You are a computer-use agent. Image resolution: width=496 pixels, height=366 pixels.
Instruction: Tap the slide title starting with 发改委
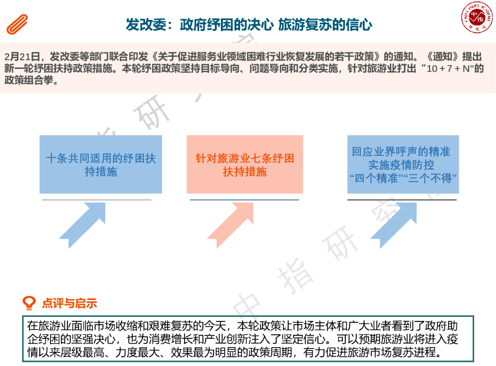point(248,25)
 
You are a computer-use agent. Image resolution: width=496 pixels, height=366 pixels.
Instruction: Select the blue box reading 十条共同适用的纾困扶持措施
point(101,165)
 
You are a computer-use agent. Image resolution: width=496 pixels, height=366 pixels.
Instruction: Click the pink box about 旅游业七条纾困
point(245,165)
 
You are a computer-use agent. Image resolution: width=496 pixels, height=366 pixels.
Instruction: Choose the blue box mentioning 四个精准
point(403,165)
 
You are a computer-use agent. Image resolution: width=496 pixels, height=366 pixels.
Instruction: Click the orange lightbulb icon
point(30,303)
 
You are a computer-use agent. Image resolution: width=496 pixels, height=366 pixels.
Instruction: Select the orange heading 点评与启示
point(69,304)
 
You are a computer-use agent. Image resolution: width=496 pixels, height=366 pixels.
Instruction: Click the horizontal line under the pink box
point(244,200)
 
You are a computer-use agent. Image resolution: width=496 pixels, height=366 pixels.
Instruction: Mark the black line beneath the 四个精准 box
point(402,200)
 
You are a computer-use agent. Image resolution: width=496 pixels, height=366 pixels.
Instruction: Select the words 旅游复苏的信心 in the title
point(325,25)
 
